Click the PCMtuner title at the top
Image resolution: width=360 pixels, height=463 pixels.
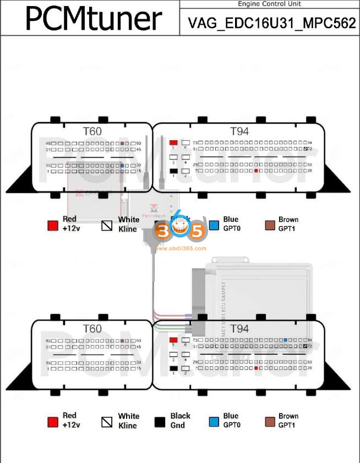pyautogui.click(x=94, y=18)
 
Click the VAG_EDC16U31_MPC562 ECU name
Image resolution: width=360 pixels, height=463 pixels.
pyautogui.click(x=270, y=23)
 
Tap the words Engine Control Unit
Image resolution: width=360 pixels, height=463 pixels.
pyautogui.click(x=269, y=4)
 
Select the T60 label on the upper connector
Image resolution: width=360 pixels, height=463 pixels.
pyautogui.click(x=92, y=131)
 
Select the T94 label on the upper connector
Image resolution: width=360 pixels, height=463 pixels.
pyautogui.click(x=239, y=131)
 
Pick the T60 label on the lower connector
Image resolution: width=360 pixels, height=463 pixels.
pyautogui.click(x=92, y=329)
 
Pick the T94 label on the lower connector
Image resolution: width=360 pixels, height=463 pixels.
pyautogui.click(x=239, y=329)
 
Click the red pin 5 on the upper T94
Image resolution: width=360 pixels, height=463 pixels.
pyautogui.click(x=173, y=142)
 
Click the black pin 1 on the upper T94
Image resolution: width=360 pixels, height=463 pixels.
pyautogui.click(x=173, y=171)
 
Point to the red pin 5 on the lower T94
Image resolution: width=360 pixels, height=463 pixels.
pyautogui.click(x=173, y=340)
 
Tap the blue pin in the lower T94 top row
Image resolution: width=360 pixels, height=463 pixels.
pyautogui.click(x=286, y=340)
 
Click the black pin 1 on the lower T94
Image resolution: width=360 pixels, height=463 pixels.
pyautogui.click(x=173, y=368)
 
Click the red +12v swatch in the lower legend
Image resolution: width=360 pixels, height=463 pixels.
pyautogui.click(x=53, y=422)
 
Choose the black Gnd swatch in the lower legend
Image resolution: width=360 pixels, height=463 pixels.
pyautogui.click(x=161, y=422)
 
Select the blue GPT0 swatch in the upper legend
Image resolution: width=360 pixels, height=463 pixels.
pyautogui.click(x=214, y=225)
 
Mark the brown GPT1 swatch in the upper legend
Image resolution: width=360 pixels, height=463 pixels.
pyautogui.click(x=270, y=225)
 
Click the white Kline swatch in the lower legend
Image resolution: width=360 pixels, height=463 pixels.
pyautogui.click(x=107, y=422)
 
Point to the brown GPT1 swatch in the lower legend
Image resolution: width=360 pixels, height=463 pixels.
pyautogui.click(x=270, y=422)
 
